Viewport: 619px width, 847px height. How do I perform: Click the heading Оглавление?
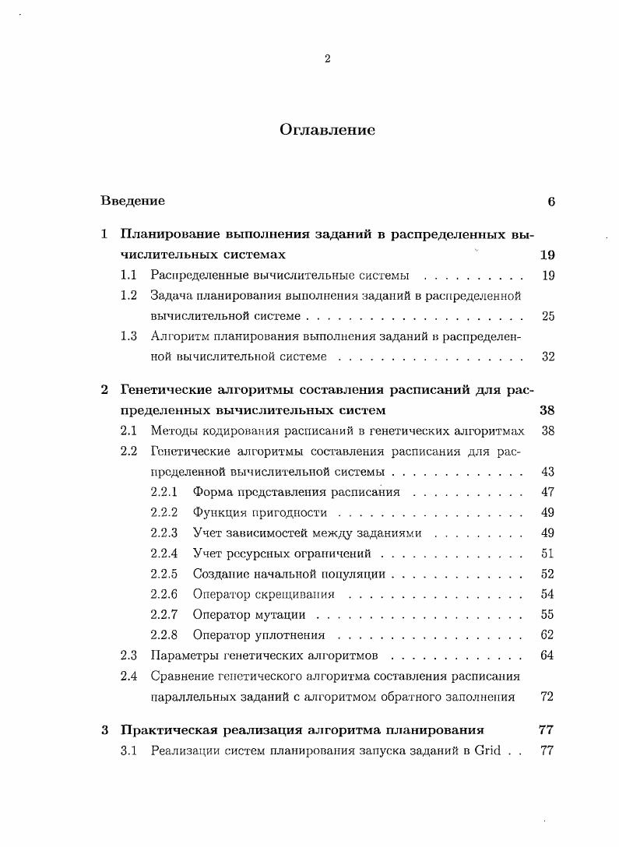327,130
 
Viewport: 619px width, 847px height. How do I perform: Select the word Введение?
132,201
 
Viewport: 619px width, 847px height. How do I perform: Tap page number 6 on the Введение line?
550,201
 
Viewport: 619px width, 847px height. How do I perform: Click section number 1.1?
128,275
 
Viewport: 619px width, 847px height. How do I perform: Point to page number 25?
547,316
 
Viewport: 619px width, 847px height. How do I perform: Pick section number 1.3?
128,336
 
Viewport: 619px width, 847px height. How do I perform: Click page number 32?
547,357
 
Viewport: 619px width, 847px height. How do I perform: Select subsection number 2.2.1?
164,492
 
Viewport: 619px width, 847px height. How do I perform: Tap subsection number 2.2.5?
164,574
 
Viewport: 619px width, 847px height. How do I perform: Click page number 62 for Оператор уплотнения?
547,634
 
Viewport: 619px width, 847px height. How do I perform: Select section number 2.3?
128,655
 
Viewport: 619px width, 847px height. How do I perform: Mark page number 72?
547,697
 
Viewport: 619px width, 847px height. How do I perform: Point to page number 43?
547,472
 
